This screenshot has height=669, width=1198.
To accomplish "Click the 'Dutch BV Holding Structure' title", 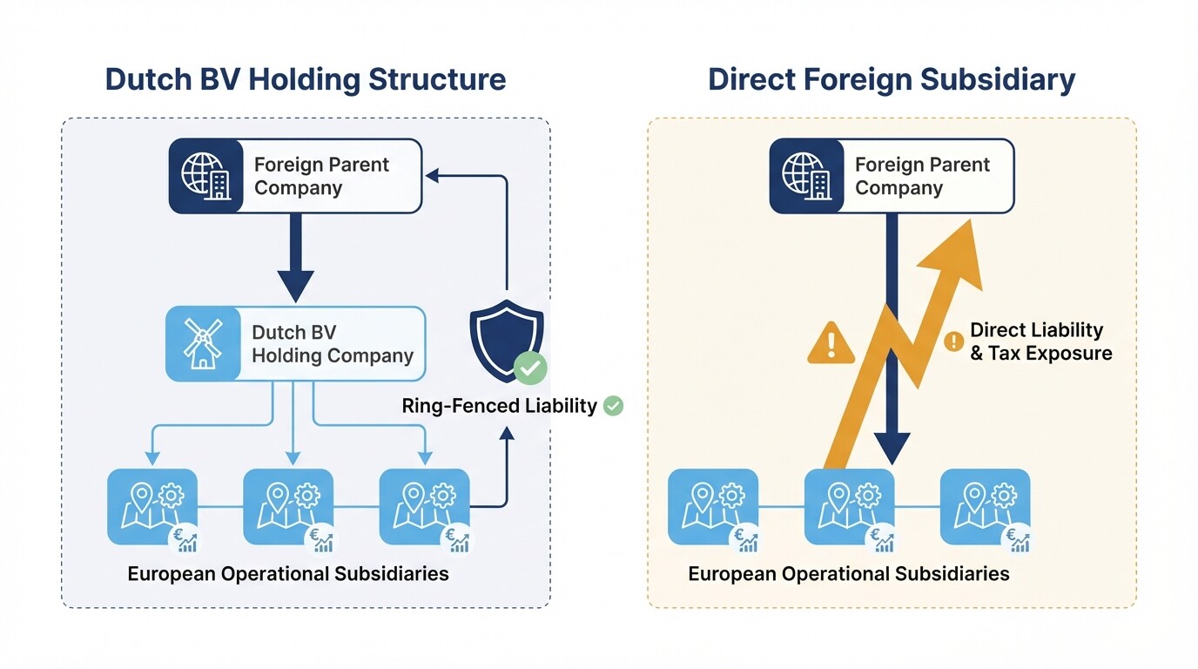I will (x=305, y=79).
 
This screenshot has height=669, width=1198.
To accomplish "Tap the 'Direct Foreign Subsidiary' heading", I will (x=891, y=79).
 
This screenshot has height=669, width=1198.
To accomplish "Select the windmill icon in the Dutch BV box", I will (x=203, y=343).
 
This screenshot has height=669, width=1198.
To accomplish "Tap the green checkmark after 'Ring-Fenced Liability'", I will (x=614, y=405).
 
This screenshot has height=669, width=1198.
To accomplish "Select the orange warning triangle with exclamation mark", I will (x=832, y=343).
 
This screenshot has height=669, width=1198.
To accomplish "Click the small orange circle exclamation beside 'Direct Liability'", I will (x=953, y=341).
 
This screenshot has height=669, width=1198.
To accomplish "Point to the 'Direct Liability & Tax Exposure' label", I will (x=1040, y=341).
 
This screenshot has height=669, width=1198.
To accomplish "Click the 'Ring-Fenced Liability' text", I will (x=499, y=406).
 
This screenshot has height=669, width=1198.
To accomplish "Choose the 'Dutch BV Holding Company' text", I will (x=332, y=344).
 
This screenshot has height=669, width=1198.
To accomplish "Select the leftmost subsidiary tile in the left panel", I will (x=152, y=507).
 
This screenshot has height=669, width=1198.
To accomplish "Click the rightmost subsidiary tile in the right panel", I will (x=985, y=509).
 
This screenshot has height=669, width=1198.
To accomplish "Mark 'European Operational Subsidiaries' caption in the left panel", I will (x=288, y=574).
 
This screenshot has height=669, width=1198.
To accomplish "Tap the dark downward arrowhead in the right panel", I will (x=892, y=448).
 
